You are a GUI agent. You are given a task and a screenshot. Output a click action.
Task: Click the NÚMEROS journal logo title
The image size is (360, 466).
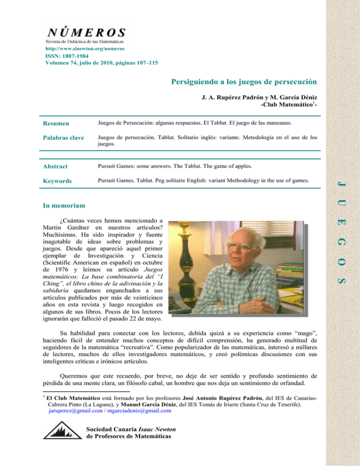point(85,32)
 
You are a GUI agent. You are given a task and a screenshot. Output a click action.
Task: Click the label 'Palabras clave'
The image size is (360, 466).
point(65,138)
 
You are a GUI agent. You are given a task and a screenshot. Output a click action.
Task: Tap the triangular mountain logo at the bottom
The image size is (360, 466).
point(61,432)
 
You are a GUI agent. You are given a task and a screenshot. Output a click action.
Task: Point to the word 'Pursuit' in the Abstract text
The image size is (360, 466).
point(106,166)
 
